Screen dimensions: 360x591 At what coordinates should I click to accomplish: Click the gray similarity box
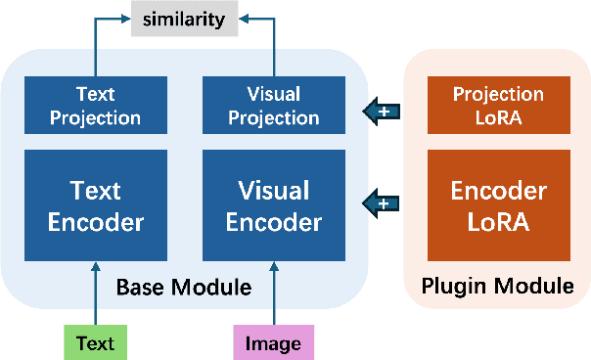(x=185, y=20)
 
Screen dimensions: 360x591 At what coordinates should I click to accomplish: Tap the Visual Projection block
(x=273, y=107)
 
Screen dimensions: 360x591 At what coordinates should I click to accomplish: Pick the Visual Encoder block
(x=273, y=204)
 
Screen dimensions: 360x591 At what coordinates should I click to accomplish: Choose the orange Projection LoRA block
(x=498, y=107)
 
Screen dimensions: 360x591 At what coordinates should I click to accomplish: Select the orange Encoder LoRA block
(x=498, y=204)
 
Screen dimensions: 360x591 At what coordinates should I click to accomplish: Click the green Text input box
(x=96, y=342)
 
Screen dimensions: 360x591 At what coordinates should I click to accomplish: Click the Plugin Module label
(x=497, y=287)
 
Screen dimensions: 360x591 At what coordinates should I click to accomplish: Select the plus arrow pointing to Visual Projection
(x=383, y=112)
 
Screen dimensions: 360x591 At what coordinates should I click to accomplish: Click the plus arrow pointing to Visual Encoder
(x=383, y=203)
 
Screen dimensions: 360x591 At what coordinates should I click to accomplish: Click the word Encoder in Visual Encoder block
(x=273, y=222)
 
